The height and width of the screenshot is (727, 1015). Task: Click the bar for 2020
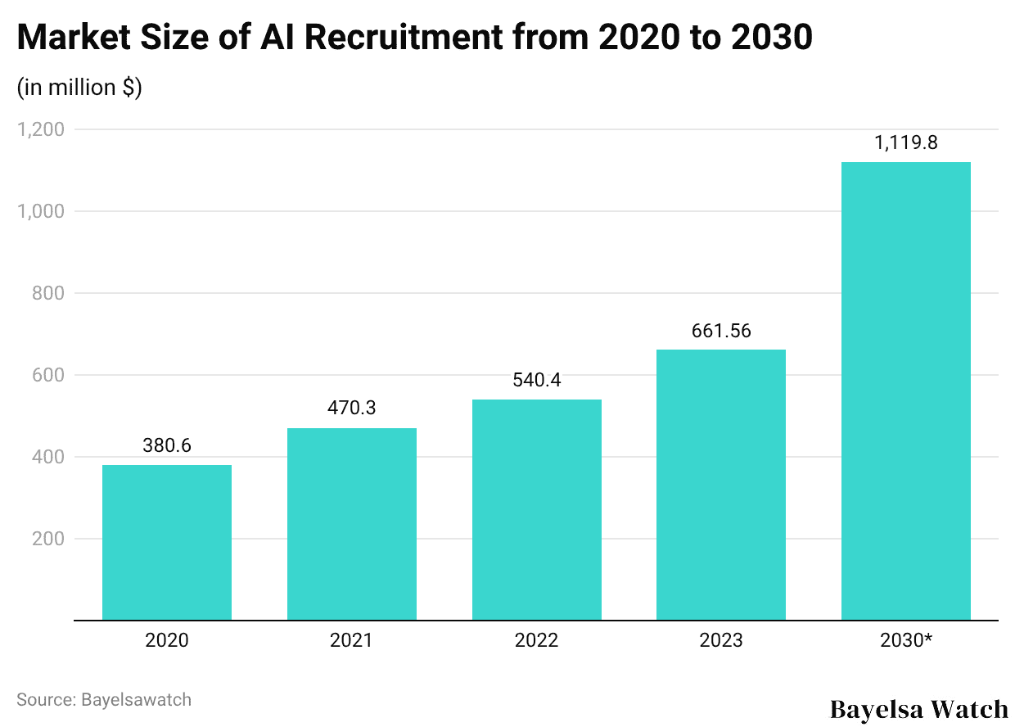pos(167,542)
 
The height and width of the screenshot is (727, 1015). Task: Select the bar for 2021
pos(351,524)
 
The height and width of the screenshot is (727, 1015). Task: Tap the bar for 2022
pos(537,509)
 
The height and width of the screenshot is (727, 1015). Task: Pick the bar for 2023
pos(721,485)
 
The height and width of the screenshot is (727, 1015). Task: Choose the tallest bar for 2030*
pos(906,391)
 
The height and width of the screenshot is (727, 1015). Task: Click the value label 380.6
pos(167,446)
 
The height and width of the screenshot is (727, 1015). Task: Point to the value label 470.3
pos(351,408)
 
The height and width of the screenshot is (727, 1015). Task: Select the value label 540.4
pos(537,380)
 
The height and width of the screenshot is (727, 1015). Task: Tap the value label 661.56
pos(721,331)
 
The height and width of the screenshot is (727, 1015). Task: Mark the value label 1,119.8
pos(906,142)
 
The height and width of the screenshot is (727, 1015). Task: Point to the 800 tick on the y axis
pos(47,293)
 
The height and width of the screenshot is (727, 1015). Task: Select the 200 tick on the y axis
pos(47,539)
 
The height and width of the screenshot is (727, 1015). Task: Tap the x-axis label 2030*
pos(906,640)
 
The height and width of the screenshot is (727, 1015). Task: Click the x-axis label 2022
pos(537,640)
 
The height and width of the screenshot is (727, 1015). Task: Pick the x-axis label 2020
pos(167,640)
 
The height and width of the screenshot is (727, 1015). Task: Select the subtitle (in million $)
pos(79,88)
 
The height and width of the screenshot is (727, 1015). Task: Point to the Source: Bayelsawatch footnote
pos(104,700)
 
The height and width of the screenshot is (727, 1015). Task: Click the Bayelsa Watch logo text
pos(919,708)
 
